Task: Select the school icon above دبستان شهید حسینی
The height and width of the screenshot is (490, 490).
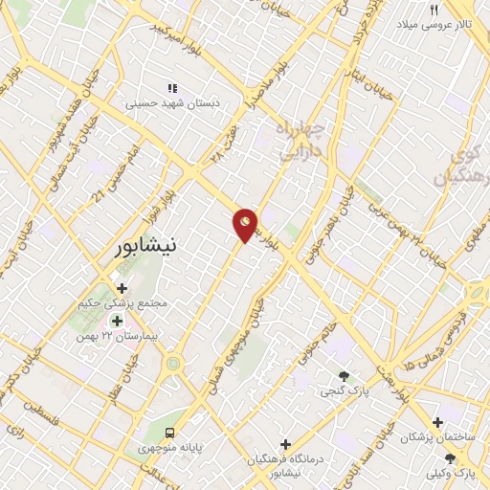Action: (x=172, y=88)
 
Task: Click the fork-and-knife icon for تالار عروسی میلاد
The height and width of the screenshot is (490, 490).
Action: (x=433, y=10)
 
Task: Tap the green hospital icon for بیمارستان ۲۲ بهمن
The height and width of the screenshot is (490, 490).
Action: (x=117, y=321)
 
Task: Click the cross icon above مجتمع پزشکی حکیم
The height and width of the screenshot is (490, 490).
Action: (x=122, y=288)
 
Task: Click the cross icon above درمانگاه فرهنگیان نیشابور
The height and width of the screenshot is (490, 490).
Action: (x=285, y=444)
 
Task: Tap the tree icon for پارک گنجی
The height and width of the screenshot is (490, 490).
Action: (x=345, y=376)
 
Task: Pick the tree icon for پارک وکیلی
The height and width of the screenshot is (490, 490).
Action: (x=450, y=458)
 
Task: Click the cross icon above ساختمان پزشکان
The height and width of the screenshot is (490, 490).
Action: (x=437, y=422)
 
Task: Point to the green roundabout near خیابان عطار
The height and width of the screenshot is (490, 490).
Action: (x=173, y=364)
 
